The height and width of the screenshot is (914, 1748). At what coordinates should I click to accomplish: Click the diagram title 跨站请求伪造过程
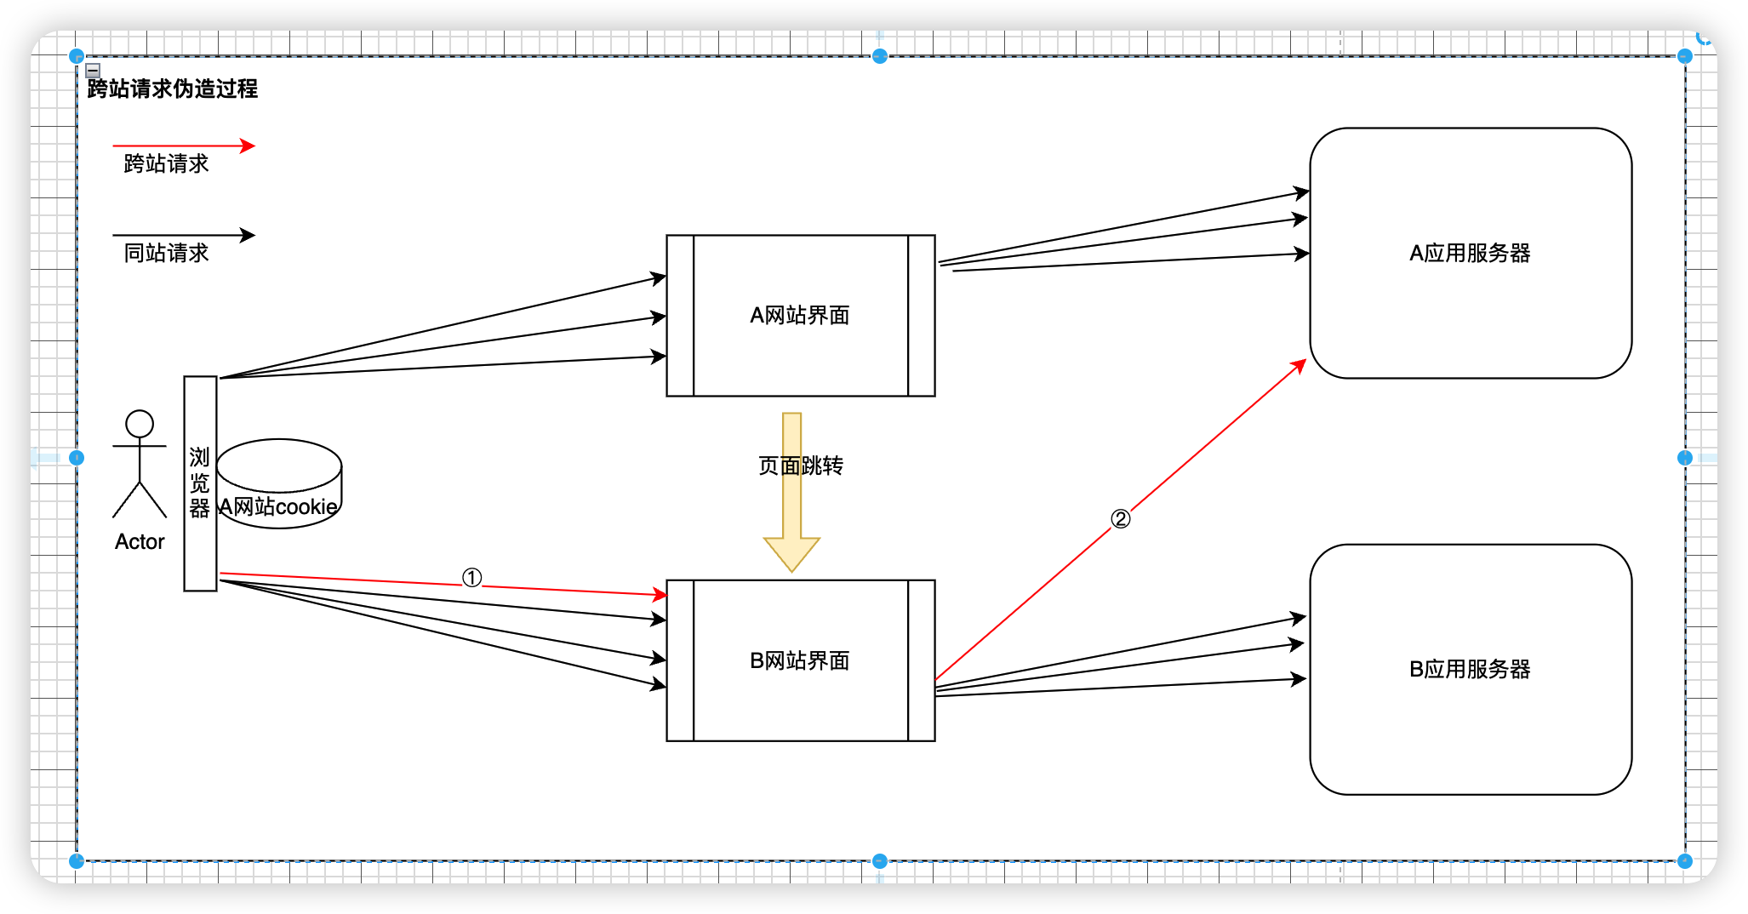tap(172, 89)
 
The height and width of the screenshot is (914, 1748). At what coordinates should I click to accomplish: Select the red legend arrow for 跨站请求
tap(183, 146)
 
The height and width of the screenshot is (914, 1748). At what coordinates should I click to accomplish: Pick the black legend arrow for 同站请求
tap(183, 235)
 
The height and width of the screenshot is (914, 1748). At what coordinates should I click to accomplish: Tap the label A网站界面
tap(799, 316)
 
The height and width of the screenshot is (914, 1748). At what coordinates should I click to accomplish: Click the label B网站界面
tap(799, 661)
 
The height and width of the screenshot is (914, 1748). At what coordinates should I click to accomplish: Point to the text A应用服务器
tap(1470, 254)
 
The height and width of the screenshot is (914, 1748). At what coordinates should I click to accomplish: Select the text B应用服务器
tap(1470, 670)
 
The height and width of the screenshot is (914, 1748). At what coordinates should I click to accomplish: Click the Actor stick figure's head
tap(140, 424)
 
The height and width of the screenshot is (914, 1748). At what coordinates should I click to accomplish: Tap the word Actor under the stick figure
tap(140, 542)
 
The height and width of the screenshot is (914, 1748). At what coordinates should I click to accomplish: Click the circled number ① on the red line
tap(471, 579)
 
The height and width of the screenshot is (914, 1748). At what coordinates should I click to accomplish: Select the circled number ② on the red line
tap(1121, 519)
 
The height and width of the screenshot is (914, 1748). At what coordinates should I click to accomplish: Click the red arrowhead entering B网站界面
tap(659, 594)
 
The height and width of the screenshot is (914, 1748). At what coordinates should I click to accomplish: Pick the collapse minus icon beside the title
tap(94, 71)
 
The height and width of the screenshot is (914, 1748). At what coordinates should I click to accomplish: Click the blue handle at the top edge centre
tap(880, 56)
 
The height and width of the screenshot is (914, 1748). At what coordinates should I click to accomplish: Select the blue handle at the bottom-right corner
tap(1684, 860)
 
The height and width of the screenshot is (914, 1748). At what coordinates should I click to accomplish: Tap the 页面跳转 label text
tap(800, 466)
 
